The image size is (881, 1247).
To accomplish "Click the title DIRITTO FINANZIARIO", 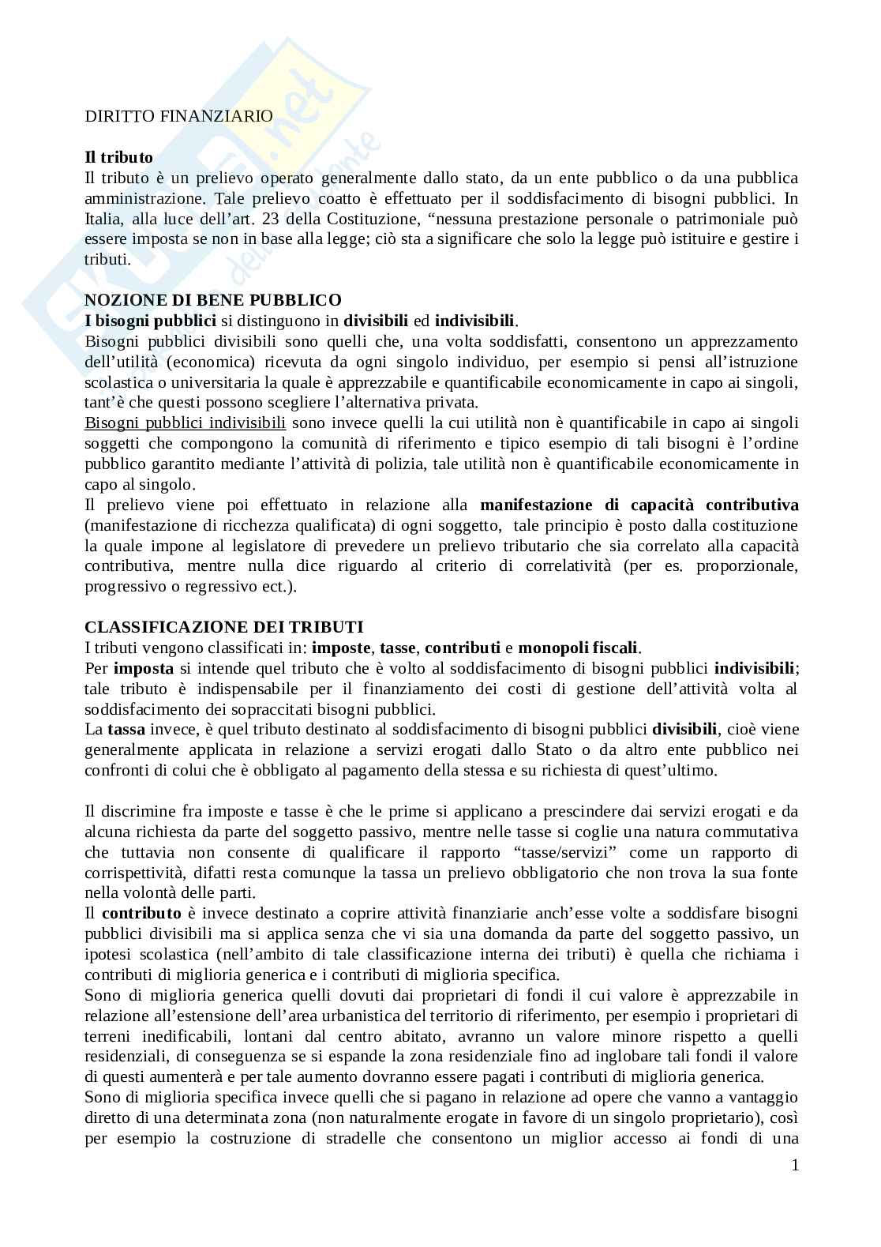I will (178, 116).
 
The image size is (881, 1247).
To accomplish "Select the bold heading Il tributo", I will (118, 157).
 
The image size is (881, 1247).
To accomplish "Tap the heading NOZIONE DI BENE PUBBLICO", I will (213, 300).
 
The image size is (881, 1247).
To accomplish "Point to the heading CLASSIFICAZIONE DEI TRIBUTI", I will (224, 627).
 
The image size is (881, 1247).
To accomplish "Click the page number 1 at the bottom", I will (795, 1165).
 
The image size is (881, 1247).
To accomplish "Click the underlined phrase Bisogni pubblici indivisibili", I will (185, 423).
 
